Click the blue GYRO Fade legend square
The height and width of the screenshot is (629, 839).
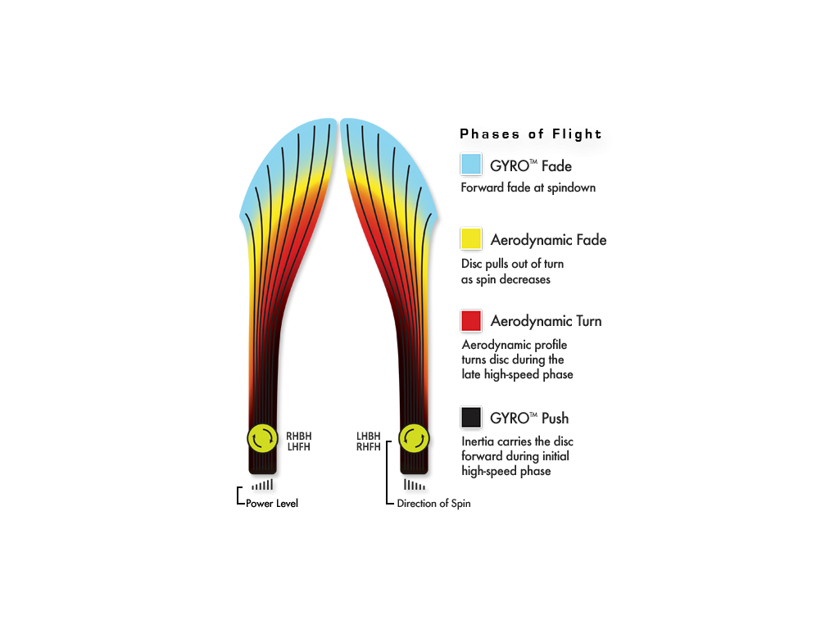(471, 164)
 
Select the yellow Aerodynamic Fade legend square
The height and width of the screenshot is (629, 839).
(471, 238)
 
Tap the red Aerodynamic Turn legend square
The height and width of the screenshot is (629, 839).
(471, 321)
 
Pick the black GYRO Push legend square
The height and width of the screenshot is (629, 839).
(471, 417)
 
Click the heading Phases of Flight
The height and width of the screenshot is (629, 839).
(531, 133)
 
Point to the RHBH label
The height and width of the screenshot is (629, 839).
(298, 436)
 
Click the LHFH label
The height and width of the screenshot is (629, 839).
(298, 446)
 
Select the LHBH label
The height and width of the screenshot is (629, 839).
(369, 436)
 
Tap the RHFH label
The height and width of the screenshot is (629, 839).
(369, 446)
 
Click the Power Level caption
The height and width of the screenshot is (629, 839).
(272, 504)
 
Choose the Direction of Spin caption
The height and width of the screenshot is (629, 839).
(434, 504)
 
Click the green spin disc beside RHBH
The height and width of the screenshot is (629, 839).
(263, 439)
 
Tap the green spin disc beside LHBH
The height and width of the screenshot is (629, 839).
(414, 439)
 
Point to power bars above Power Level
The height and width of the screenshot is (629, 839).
(263, 485)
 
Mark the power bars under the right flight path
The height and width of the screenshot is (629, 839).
(415, 485)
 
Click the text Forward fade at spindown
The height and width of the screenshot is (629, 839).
(528, 188)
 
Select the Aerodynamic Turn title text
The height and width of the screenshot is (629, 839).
(546, 321)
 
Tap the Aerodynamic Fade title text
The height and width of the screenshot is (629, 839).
(548, 240)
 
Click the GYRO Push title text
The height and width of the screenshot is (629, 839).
(529, 419)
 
